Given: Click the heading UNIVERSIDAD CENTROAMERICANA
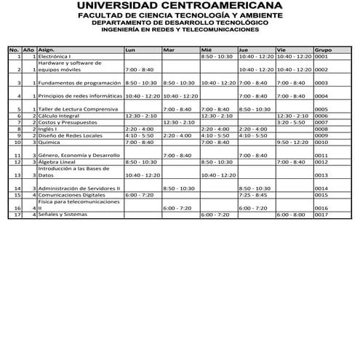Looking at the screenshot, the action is click(180, 8).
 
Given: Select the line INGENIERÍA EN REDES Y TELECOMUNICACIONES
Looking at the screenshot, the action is click(180, 30).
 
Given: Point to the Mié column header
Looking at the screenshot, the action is click(206, 49).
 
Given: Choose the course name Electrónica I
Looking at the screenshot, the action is click(55, 56).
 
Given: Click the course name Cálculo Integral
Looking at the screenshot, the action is click(57, 116).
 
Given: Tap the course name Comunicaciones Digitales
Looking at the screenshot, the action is click(68, 195).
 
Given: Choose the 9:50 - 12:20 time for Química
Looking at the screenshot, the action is click(293, 142).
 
